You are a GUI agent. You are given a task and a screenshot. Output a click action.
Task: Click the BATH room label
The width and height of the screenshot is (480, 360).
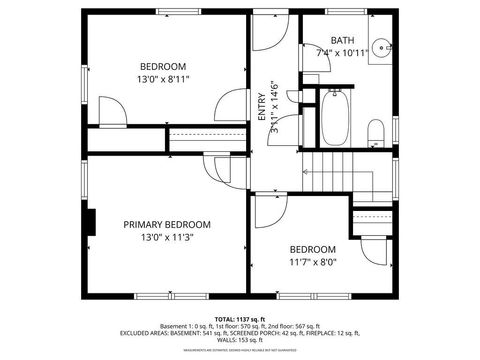point(342,39)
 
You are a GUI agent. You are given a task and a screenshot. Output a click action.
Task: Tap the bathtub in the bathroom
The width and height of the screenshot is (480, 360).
point(334,118)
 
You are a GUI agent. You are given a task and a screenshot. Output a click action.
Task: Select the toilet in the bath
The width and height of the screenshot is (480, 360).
point(375,133)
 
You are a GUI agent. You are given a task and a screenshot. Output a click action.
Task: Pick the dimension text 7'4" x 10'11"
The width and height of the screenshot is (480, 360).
point(342,52)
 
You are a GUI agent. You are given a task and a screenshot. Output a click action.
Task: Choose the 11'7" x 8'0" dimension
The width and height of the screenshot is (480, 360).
point(313,263)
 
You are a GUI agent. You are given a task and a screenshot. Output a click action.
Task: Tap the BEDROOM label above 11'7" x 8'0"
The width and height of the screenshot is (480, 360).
point(313,249)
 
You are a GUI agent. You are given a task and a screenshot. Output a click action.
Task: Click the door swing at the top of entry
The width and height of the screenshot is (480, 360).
point(268,33)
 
